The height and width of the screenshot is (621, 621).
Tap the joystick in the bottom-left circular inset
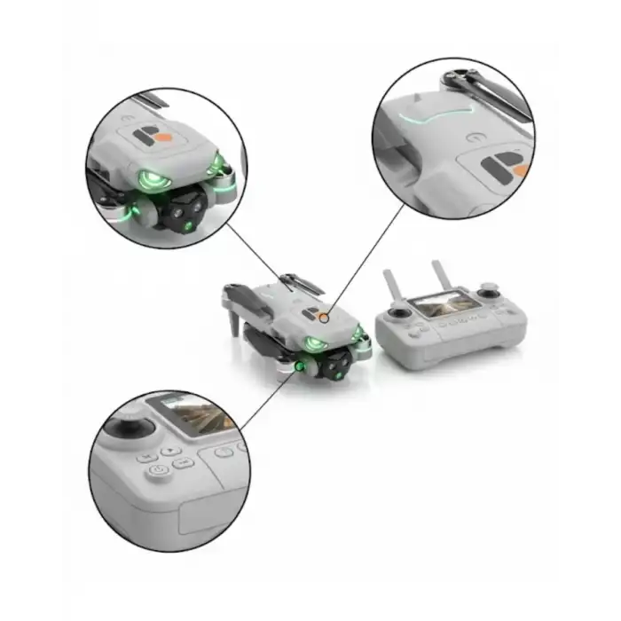coord(130,427)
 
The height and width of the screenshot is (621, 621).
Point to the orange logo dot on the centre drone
coord(325,317)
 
